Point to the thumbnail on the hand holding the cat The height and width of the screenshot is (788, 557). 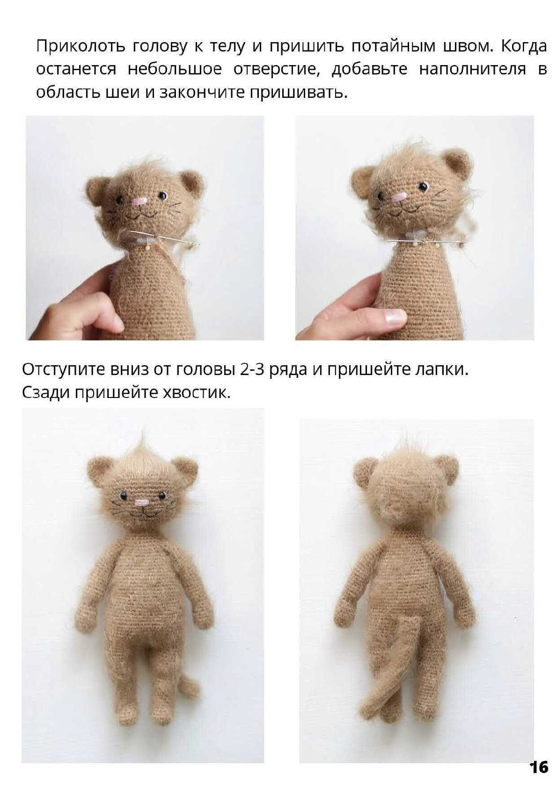pyautogui.click(x=396, y=316)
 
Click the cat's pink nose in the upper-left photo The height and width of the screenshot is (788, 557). pyautogui.click(x=139, y=202)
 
